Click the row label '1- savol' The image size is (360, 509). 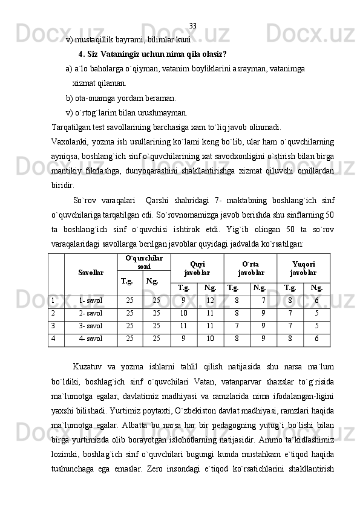pos(91,300)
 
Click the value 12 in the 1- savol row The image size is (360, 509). pos(210,300)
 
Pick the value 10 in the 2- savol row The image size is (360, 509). pos(184,314)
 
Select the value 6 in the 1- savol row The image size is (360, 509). pos(316,300)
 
